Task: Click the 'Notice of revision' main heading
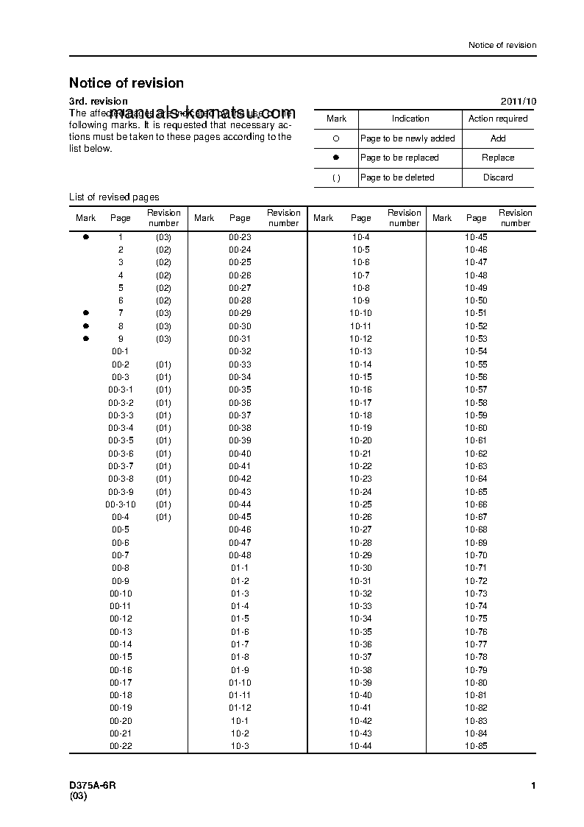pos(127,83)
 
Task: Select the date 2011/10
pos(519,102)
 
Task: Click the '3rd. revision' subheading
pos(99,102)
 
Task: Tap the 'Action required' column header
pos(498,119)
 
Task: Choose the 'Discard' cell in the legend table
pos(498,177)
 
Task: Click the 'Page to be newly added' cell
pos(407,138)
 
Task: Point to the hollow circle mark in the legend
pos(336,138)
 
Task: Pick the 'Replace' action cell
pos(498,158)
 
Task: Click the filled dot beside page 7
pos(86,313)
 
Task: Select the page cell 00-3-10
pos(121,504)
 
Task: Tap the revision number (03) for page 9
pos(163,339)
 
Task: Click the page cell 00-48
pos(240,555)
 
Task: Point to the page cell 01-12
pos(240,708)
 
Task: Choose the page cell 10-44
pos(360,747)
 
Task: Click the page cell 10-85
pos(476,747)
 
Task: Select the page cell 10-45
pos(476,237)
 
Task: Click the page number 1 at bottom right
pos(533,786)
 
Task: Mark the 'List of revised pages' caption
pos(114,197)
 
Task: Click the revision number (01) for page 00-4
pos(163,517)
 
